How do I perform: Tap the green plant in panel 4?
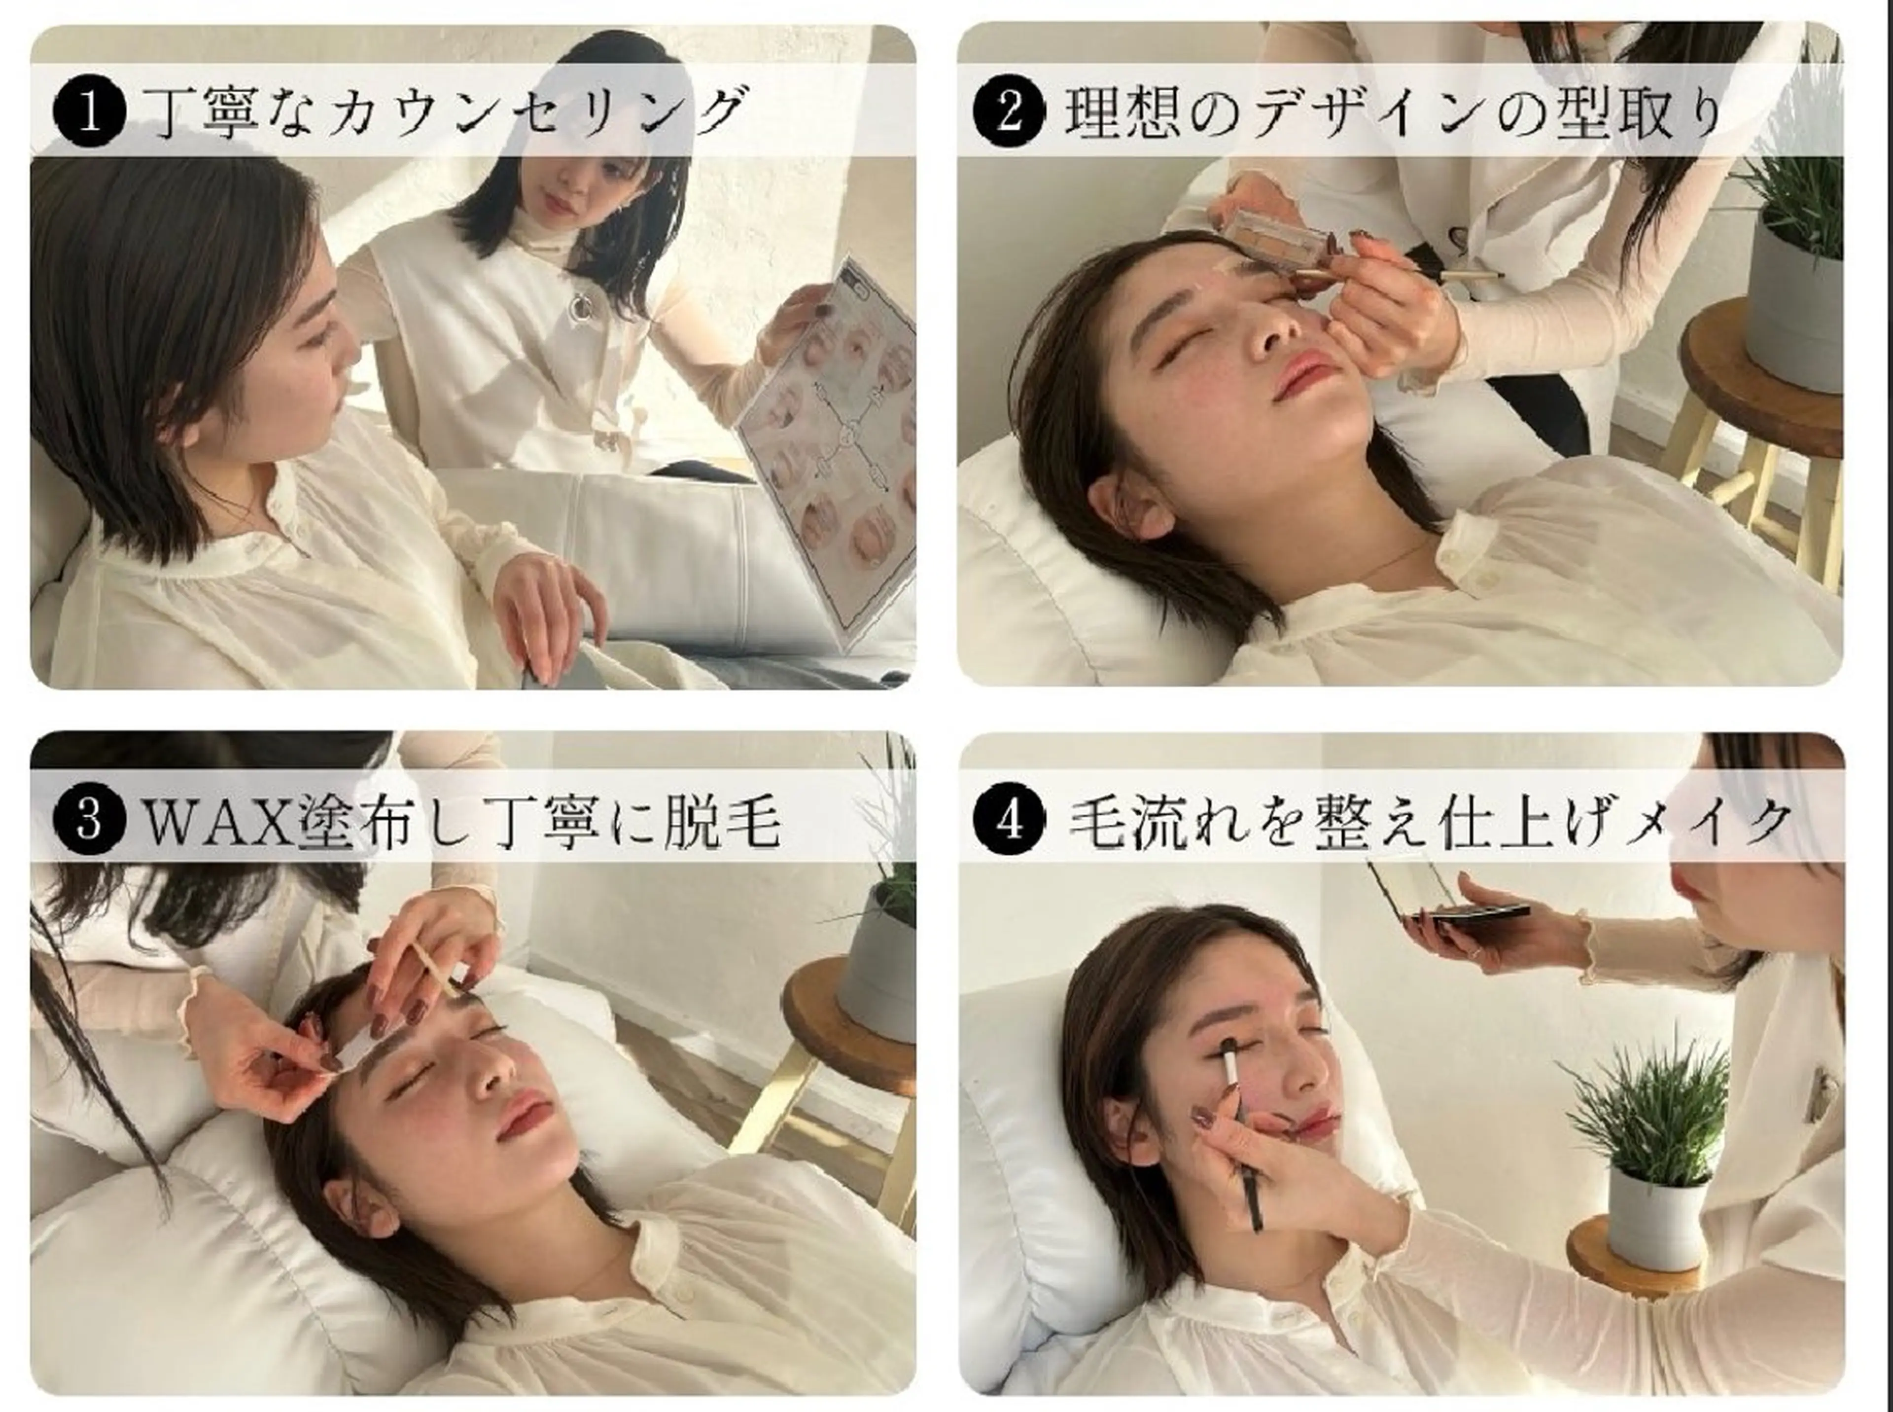(1627, 1111)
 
